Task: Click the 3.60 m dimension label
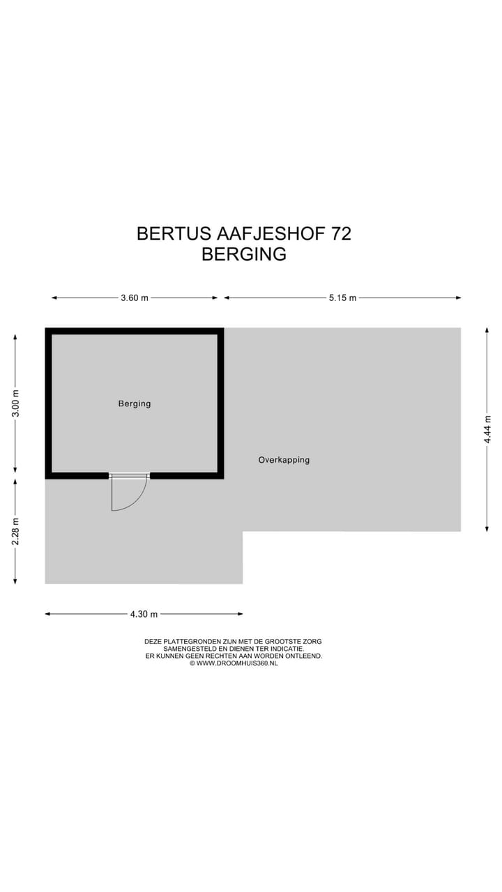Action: (135, 298)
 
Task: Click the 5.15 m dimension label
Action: (342, 298)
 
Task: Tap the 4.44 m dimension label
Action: (487, 429)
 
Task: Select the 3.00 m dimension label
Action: (15, 403)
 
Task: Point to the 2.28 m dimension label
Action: (15, 530)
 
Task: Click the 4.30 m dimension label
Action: (144, 614)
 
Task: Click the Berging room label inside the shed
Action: (135, 403)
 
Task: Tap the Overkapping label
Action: (284, 460)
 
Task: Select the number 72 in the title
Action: (342, 233)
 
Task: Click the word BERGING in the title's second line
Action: (244, 254)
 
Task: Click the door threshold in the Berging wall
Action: (130, 476)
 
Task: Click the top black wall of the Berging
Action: (135, 332)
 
